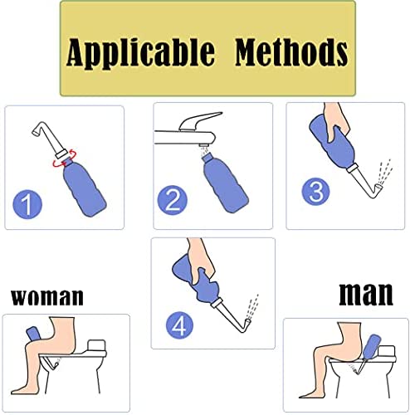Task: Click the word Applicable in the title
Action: pyautogui.click(x=140, y=52)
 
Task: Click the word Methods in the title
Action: pyautogui.click(x=291, y=51)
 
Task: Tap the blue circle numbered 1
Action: pyautogui.click(x=27, y=204)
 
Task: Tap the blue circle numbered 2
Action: pyautogui.click(x=173, y=200)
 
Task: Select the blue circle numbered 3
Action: pyautogui.click(x=315, y=192)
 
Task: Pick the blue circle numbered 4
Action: pyautogui.click(x=179, y=325)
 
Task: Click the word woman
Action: pyautogui.click(x=47, y=297)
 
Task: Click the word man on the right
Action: pyautogui.click(x=366, y=294)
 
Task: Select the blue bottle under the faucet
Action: pyautogui.click(x=225, y=183)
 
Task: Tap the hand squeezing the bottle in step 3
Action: pyautogui.click(x=335, y=122)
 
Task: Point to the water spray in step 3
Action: pyautogui.click(x=384, y=172)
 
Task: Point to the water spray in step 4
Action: pyautogui.click(x=252, y=306)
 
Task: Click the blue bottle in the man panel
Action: pyautogui.click(x=370, y=347)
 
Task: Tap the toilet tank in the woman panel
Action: pyautogui.click(x=96, y=345)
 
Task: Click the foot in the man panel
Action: pyautogui.click(x=309, y=394)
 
